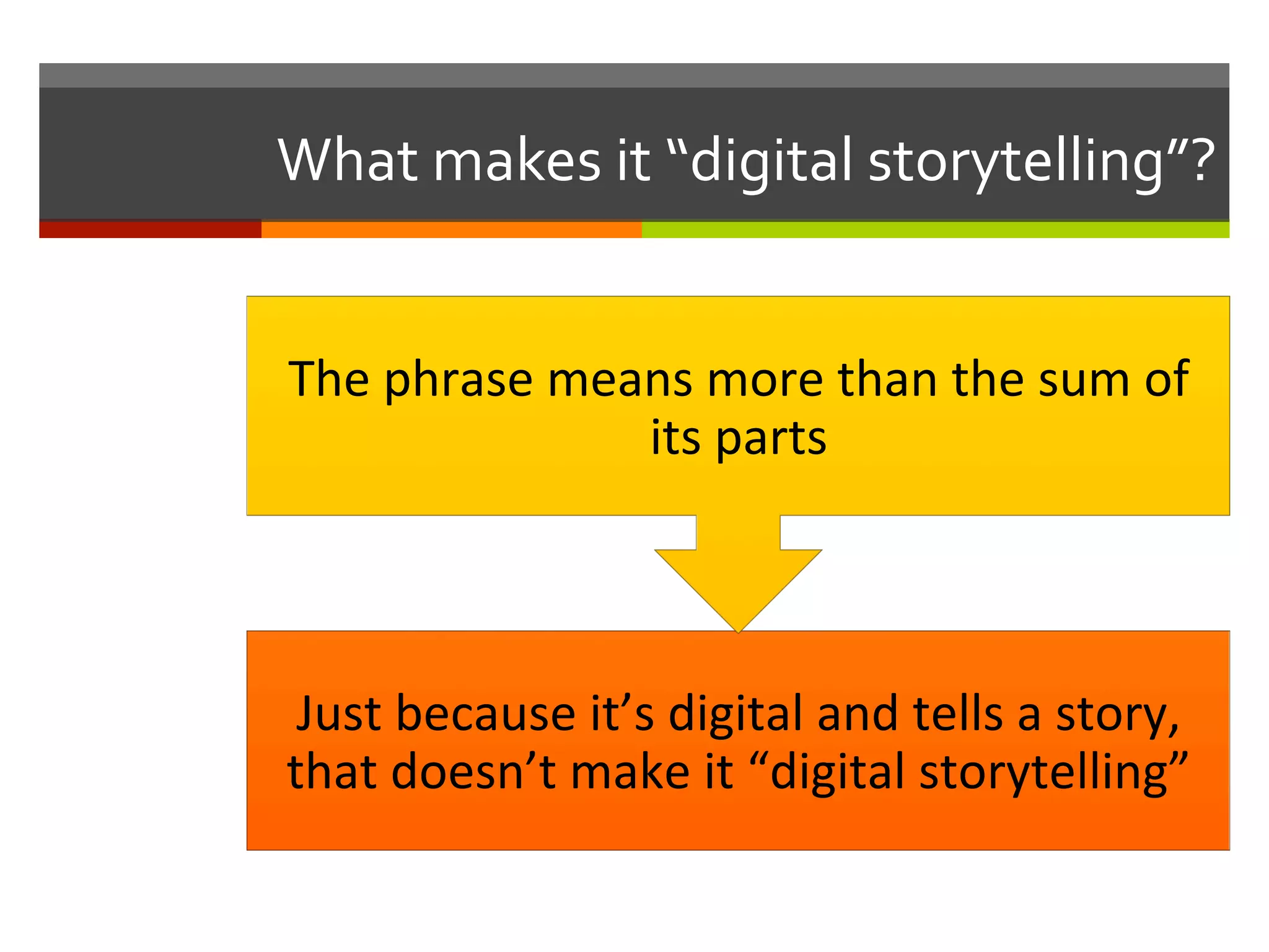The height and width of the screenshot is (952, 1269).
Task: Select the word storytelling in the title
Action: point(1016,162)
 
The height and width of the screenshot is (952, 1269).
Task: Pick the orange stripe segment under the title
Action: point(451,229)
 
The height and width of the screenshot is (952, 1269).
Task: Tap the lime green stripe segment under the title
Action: point(936,229)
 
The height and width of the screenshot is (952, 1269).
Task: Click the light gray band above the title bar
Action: point(634,75)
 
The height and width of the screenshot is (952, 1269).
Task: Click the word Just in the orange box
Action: point(338,714)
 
